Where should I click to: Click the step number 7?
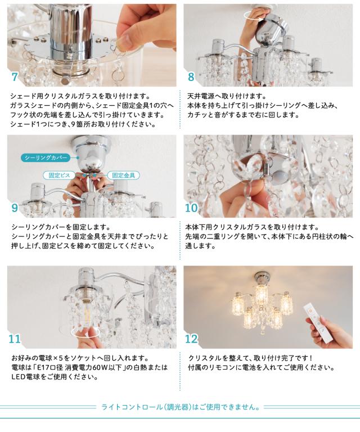pyautogui.click(x=15, y=77)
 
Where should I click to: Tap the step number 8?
pyautogui.click(x=191, y=77)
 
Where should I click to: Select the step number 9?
pyautogui.click(x=15, y=208)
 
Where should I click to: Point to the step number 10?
pyautogui.click(x=192, y=208)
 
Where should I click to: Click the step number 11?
pyautogui.click(x=15, y=339)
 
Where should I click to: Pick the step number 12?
pyautogui.click(x=192, y=339)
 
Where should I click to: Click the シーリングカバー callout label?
pyautogui.click(x=46, y=157)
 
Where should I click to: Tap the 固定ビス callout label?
pyautogui.click(x=59, y=175)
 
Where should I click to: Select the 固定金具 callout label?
pyautogui.click(x=123, y=175)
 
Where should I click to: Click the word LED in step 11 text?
pyautogui.click(x=18, y=377)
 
